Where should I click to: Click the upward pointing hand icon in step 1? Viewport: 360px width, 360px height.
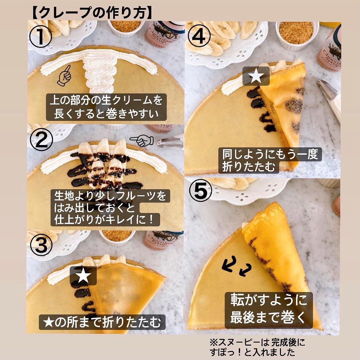click(64, 75)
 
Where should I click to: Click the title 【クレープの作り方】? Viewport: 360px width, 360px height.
click(92, 13)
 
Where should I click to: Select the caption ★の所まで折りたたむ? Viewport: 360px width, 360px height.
click(102, 322)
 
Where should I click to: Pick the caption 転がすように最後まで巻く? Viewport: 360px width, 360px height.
click(269, 309)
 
